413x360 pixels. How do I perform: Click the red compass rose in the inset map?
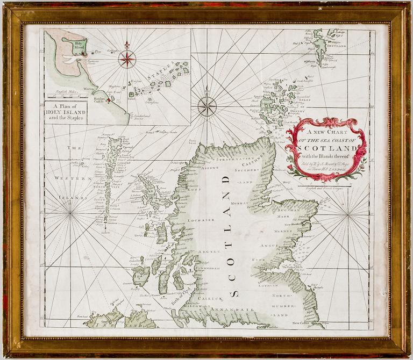127,58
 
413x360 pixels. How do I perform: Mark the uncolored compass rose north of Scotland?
207,106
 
